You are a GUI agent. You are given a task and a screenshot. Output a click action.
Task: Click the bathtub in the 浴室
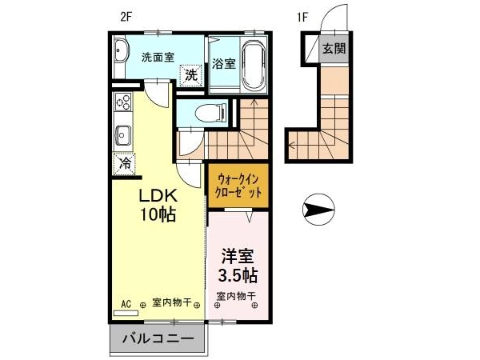253,65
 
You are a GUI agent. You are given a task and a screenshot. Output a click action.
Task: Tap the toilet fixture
211,114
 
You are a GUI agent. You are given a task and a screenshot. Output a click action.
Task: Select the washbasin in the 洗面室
119,52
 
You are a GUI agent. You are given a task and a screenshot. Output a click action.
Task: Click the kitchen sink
122,136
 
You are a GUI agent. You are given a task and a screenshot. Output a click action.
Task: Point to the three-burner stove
122,102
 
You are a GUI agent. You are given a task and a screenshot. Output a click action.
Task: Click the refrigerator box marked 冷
124,165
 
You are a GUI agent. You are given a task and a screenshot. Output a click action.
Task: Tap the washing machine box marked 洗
191,75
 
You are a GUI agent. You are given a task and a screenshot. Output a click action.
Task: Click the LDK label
158,195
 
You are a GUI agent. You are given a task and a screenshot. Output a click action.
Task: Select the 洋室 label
238,257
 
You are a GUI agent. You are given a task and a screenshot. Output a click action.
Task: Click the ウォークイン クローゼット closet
238,186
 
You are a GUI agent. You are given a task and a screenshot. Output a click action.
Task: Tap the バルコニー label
158,338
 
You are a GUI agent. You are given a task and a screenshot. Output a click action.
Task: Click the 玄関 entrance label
334,48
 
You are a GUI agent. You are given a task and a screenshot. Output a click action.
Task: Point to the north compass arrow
318,210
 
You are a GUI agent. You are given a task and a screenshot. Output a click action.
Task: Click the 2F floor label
126,17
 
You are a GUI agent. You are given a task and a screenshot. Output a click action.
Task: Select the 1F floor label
302,17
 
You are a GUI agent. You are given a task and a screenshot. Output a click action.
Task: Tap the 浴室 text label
224,64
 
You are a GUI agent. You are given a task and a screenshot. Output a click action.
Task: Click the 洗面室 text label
158,58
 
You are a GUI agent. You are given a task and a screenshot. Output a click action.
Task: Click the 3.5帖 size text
238,275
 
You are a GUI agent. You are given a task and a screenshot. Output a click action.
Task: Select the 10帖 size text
158,214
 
